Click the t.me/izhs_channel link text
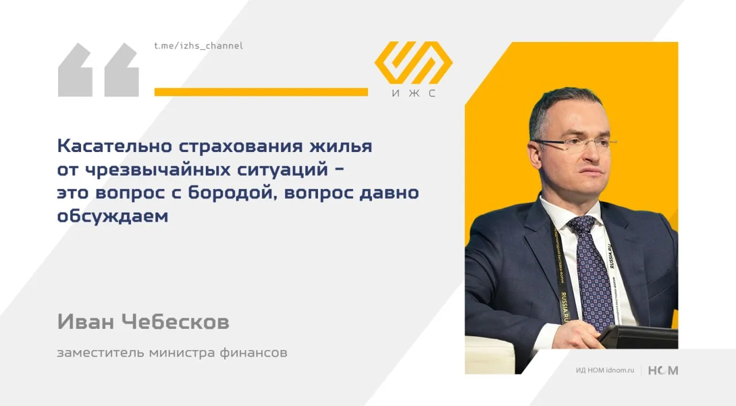click(198, 45)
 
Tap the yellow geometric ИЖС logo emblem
click(413, 63)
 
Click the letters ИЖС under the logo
click(413, 93)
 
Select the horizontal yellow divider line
click(261, 92)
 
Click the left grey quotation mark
click(75, 70)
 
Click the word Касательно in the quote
click(114, 146)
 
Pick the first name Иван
click(86, 321)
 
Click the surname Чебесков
click(175, 321)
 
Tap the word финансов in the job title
click(254, 352)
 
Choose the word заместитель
click(101, 353)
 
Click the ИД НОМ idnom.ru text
click(605, 370)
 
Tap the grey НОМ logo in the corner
click(663, 370)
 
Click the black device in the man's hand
click(638, 337)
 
